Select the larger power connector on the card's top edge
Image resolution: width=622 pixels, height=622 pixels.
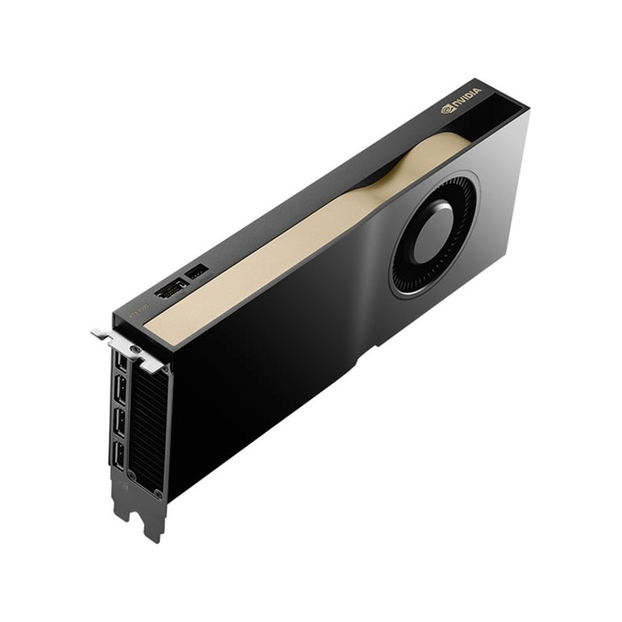tap(170, 289)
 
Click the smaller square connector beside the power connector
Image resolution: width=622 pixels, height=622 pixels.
tap(197, 272)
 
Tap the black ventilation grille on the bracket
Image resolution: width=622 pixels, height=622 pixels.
tap(148, 424)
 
